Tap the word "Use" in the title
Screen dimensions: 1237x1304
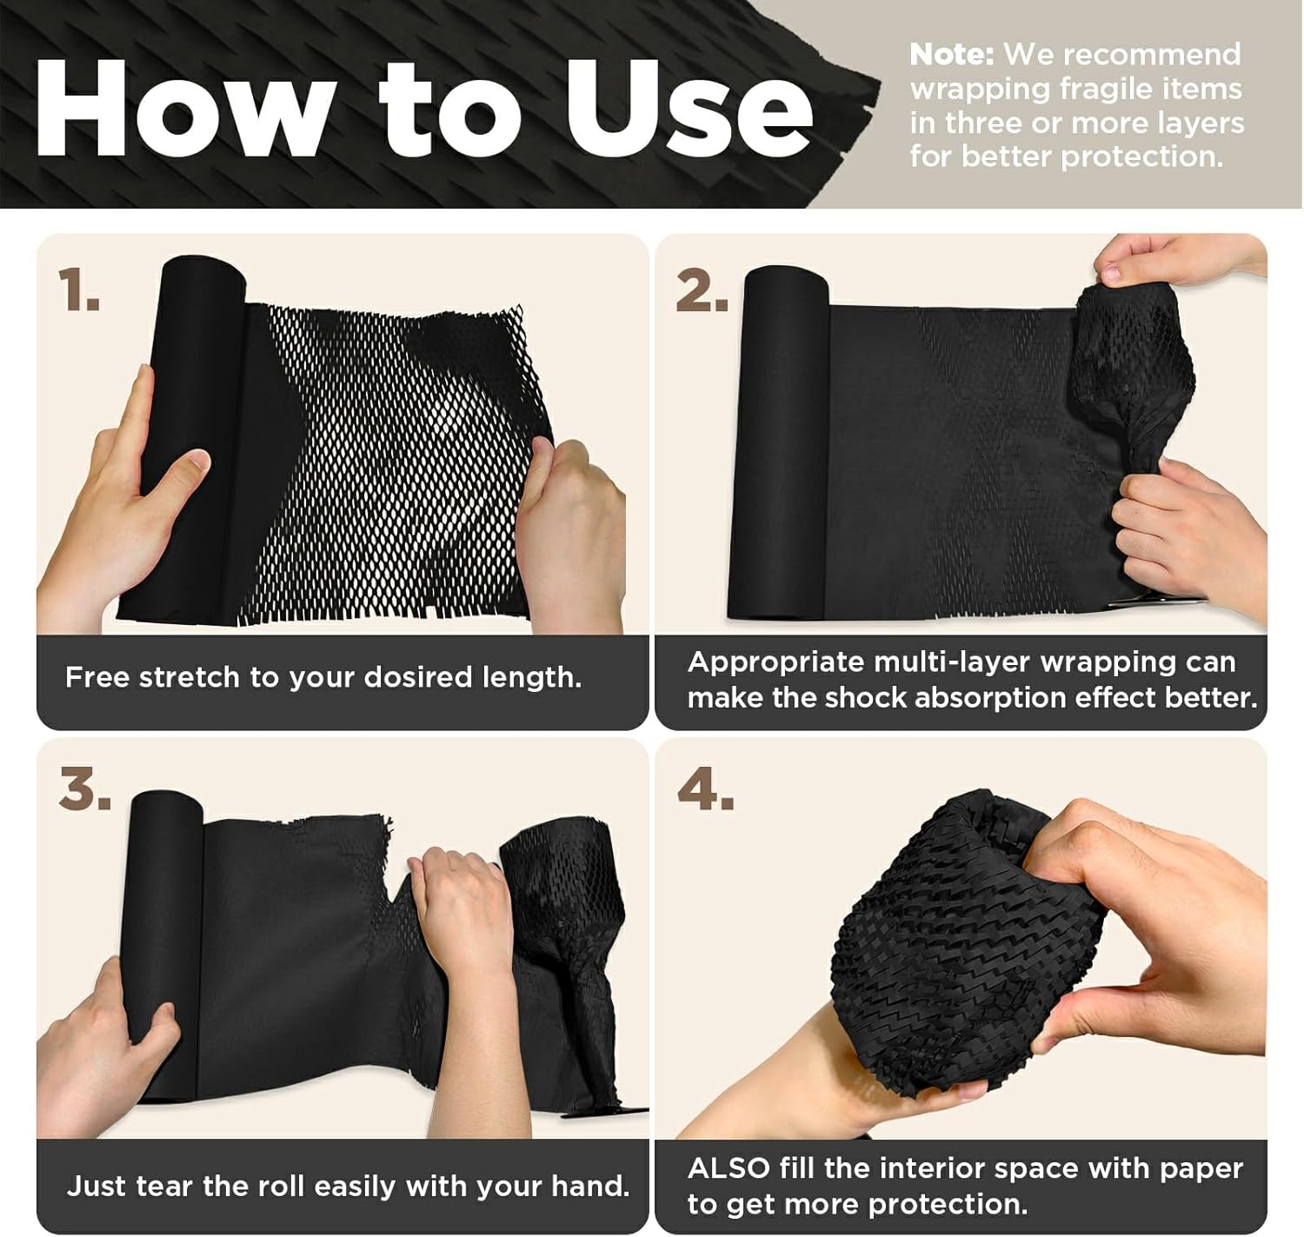688,110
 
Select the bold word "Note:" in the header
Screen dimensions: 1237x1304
951,55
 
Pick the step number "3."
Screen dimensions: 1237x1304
84,788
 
